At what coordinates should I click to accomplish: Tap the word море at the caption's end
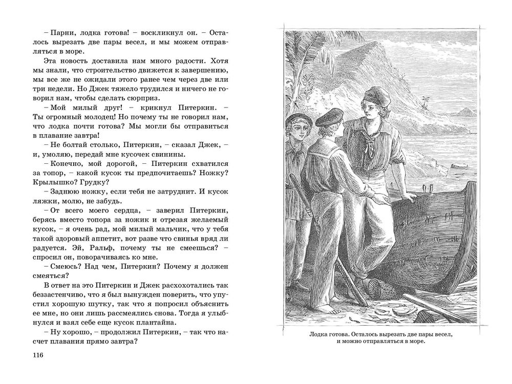415,344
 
